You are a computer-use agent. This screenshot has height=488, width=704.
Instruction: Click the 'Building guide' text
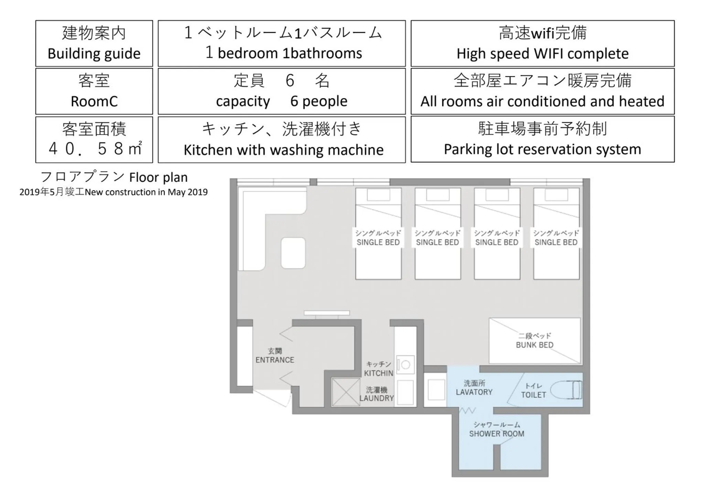coord(94,54)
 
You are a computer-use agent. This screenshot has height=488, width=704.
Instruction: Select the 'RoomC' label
coord(94,102)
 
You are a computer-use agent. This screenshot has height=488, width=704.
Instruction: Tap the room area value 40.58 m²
coord(95,149)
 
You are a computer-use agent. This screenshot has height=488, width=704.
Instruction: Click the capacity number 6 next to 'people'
coord(294,101)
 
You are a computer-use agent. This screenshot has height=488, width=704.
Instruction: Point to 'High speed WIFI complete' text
coord(542,54)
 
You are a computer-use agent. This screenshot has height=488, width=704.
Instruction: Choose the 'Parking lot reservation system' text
coord(542,149)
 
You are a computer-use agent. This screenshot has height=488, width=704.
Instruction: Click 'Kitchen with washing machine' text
coord(283,150)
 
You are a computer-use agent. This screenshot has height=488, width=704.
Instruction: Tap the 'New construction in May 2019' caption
coord(146,192)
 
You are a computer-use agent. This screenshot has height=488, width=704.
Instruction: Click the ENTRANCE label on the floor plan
coord(275,360)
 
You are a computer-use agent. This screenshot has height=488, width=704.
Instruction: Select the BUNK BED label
coord(534,345)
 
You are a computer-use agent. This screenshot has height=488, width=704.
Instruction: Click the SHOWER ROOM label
coord(497,434)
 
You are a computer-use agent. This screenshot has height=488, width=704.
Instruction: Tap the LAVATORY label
coord(474,392)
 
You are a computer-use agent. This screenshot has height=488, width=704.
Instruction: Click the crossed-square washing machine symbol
coord(346,392)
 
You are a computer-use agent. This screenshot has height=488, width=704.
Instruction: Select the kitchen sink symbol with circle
coord(405,365)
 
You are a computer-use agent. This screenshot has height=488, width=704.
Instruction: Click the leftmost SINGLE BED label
coord(378,242)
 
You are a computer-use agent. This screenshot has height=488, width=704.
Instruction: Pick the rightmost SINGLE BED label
coord(556,242)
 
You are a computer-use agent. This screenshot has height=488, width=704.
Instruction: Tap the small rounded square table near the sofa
coord(293,253)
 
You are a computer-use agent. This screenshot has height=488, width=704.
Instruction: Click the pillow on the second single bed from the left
coord(437,195)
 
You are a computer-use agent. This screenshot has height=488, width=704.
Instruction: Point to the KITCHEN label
coord(378,373)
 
